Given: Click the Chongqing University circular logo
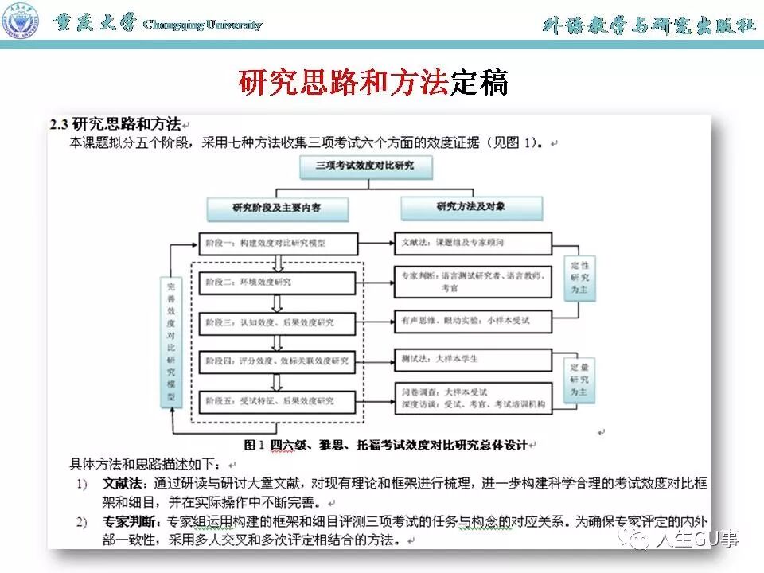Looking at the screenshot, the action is (x=21, y=21).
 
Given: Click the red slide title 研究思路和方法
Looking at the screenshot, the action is (x=343, y=82).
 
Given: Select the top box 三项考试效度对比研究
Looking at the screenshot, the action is (x=364, y=168).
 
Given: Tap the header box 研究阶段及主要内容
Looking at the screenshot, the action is (x=278, y=208).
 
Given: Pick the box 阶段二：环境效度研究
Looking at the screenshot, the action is (x=276, y=282).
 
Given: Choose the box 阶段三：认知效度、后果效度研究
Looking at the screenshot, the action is (x=276, y=322).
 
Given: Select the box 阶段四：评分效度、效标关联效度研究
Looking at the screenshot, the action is (x=276, y=361).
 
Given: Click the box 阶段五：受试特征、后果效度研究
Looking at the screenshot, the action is (x=276, y=400).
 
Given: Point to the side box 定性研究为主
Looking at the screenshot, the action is (x=581, y=278).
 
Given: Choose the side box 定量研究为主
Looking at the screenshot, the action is (x=581, y=380).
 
